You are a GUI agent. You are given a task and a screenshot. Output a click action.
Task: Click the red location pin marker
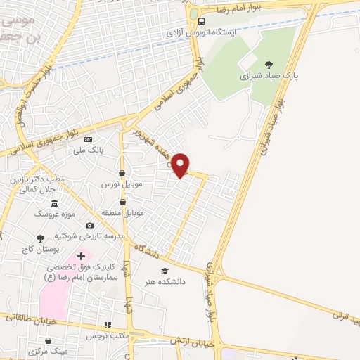(x=181, y=165)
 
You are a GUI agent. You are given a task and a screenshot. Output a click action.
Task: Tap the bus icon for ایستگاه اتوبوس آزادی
(x=201, y=21)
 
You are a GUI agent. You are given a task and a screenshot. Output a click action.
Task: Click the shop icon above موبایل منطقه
(x=123, y=202)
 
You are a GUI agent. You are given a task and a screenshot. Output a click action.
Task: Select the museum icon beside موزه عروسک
(x=55, y=203)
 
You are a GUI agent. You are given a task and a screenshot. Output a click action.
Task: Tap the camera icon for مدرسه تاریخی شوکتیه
(x=89, y=225)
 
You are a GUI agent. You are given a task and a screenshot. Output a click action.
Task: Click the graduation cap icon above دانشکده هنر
(x=165, y=271)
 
